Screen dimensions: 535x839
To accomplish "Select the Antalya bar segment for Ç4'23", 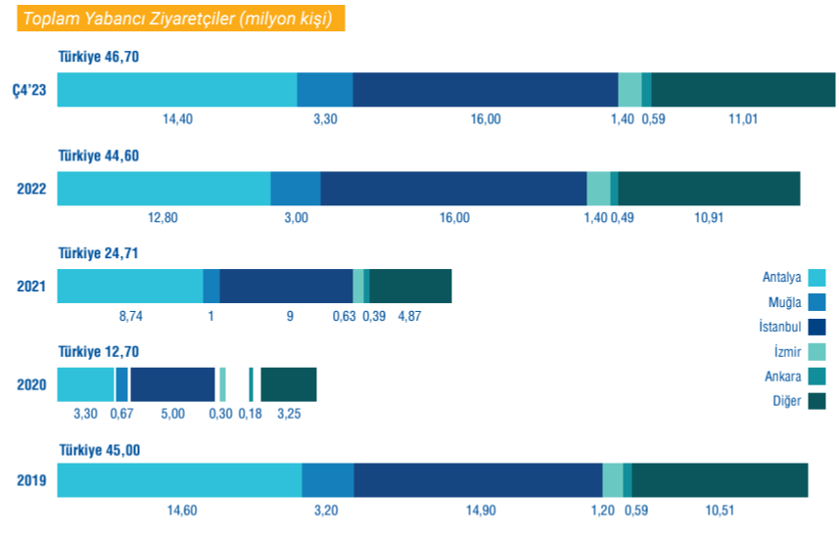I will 177,89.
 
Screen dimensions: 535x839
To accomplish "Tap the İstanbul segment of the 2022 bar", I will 453,188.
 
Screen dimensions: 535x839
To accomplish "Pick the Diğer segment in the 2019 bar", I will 720,480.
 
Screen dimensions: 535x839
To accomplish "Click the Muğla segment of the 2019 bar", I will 327,480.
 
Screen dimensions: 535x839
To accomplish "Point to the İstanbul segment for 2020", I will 172,384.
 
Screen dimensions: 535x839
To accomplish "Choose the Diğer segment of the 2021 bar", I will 410,286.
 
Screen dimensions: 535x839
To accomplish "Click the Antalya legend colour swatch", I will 817,277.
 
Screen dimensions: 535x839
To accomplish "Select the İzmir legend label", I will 782,351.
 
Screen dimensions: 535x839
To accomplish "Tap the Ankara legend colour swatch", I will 817,377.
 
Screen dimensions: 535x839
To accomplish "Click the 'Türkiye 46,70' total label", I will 99,57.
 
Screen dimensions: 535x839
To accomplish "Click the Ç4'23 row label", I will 29,90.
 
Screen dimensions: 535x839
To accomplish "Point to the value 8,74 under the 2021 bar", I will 132,316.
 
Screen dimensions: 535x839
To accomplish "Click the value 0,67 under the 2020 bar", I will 122,414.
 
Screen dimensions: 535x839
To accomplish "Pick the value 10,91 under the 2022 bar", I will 709,217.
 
